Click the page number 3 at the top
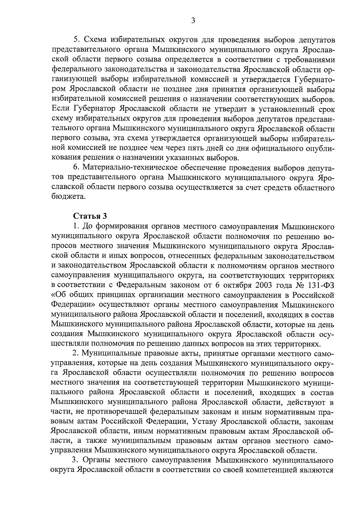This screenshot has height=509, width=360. [193, 21]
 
